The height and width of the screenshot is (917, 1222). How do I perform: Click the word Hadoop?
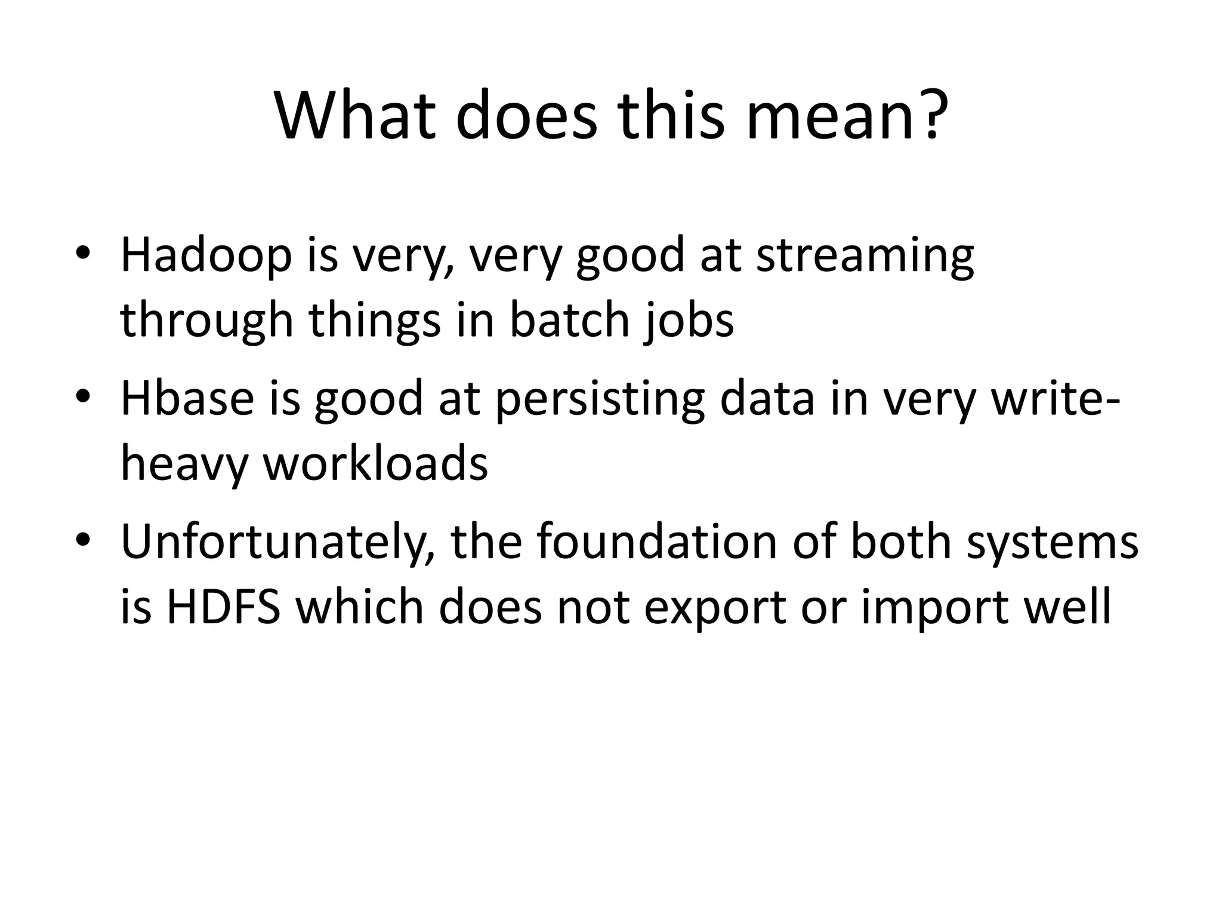coord(206,256)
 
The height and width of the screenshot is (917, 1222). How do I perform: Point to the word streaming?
coord(865,256)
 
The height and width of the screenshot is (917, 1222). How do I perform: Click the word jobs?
coord(689,320)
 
